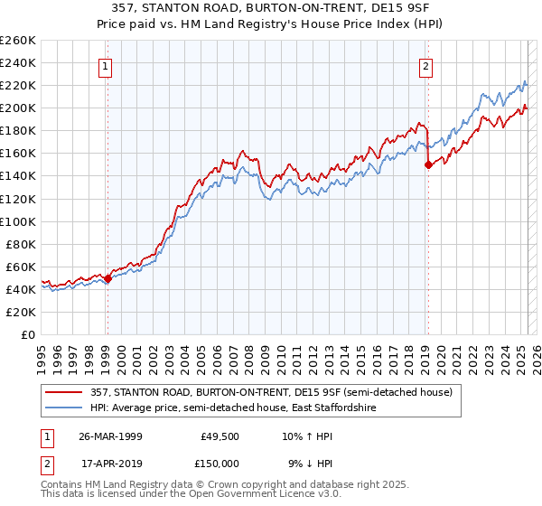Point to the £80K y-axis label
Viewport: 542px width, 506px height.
[21, 244]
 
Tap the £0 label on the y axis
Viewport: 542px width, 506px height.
[27, 334]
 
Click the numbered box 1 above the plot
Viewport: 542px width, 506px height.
[107, 65]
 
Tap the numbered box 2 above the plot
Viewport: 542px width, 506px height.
[425, 65]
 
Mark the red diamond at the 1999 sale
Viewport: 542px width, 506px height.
[107, 278]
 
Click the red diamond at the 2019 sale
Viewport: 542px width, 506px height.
[428, 164]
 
